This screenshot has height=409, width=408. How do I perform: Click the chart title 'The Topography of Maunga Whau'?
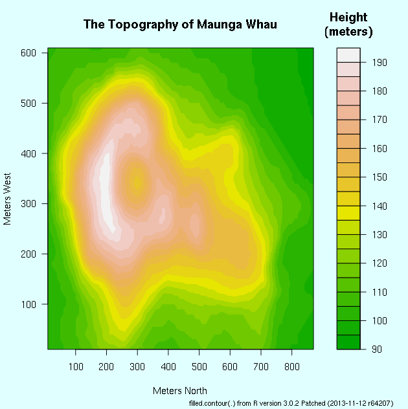point(180,25)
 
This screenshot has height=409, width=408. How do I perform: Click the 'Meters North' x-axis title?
point(180,391)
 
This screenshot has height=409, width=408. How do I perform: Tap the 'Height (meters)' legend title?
point(348,24)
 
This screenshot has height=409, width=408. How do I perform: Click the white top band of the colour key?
point(348,54)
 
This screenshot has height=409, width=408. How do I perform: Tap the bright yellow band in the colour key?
point(348,213)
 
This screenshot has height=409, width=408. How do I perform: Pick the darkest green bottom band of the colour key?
point(348,342)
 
